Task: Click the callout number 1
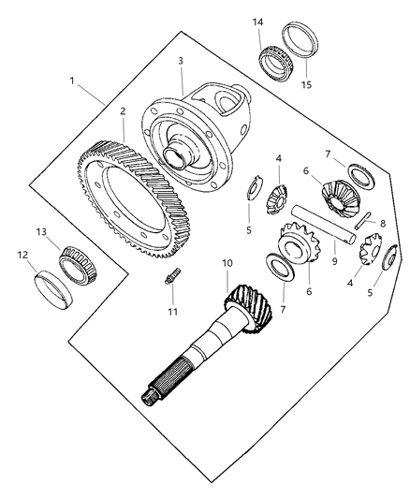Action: click(x=72, y=81)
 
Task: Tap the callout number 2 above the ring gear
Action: click(x=123, y=111)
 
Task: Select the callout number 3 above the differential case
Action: click(x=181, y=61)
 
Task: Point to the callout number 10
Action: click(x=227, y=263)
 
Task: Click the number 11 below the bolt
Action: click(x=173, y=312)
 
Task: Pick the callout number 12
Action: click(x=22, y=255)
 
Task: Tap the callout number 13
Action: click(x=41, y=232)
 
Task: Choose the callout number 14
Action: click(x=258, y=22)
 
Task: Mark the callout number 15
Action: click(x=306, y=85)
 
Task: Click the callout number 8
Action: click(x=383, y=224)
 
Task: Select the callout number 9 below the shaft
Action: click(x=334, y=261)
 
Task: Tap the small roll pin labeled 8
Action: click(x=363, y=220)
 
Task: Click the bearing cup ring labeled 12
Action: click(x=53, y=290)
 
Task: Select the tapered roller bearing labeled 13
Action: click(x=79, y=264)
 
